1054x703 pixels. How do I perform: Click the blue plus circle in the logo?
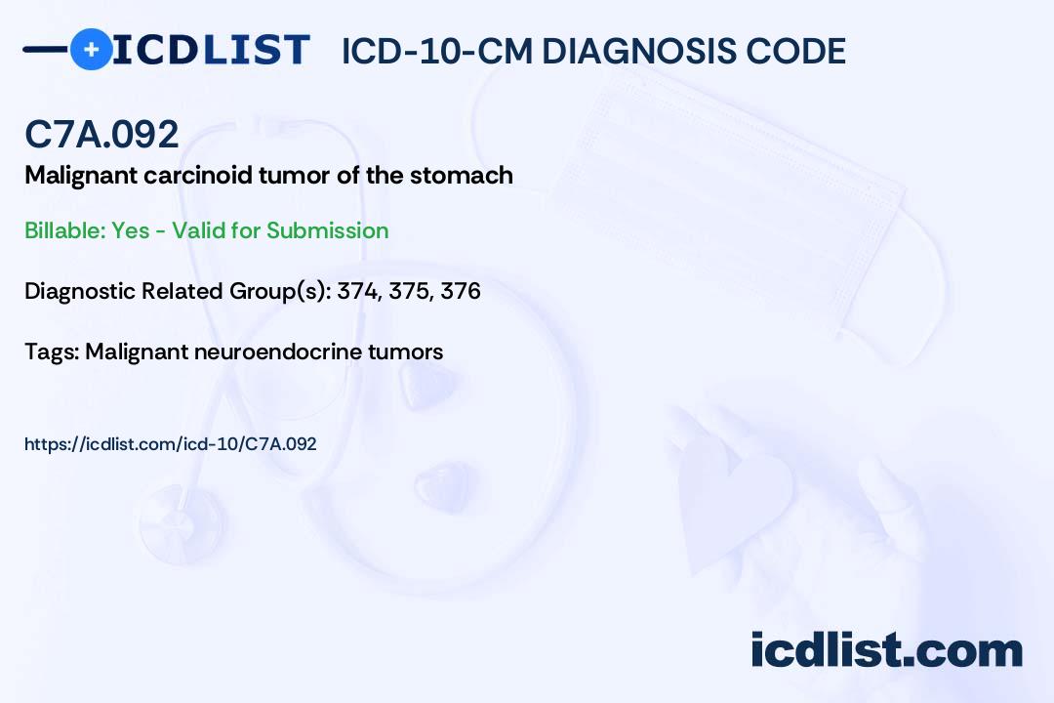click(91, 49)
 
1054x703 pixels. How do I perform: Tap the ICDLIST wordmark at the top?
click(211, 50)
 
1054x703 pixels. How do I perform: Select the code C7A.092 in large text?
click(101, 135)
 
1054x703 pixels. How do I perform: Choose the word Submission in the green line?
click(327, 230)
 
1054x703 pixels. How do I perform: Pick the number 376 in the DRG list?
click(461, 291)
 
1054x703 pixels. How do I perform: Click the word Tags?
click(50, 351)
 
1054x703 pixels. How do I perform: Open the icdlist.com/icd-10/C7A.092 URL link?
click(170, 444)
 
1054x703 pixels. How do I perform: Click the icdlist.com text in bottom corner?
click(886, 650)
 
